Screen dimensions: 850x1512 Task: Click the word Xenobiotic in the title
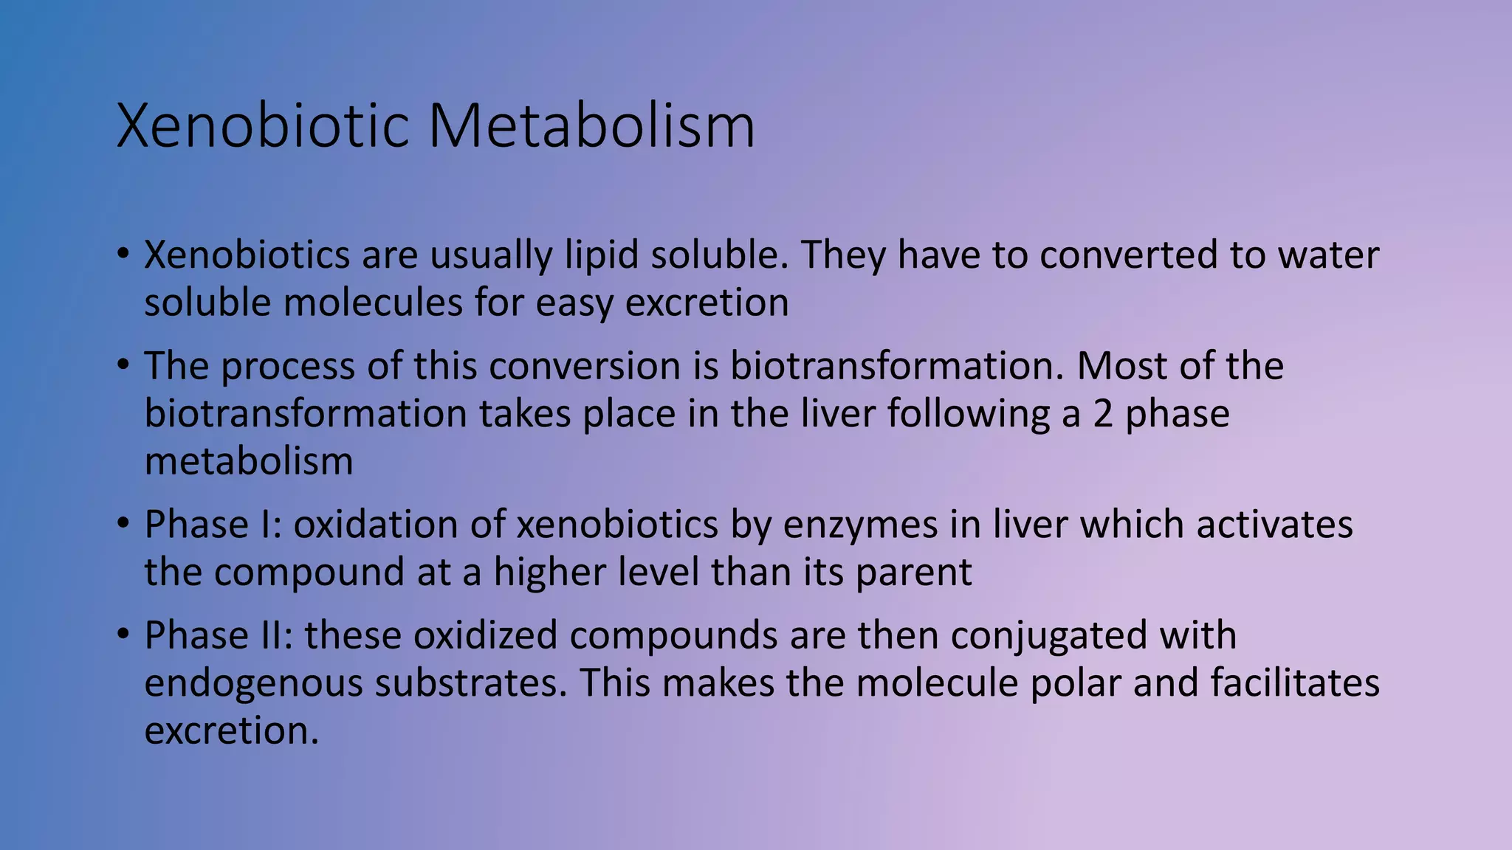(x=263, y=126)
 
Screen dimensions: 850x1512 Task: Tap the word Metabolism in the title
(x=591, y=126)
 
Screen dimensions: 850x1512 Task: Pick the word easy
(x=574, y=303)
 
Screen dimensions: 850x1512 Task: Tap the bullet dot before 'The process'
(x=123, y=364)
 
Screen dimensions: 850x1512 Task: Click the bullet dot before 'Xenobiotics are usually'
(x=123, y=254)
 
